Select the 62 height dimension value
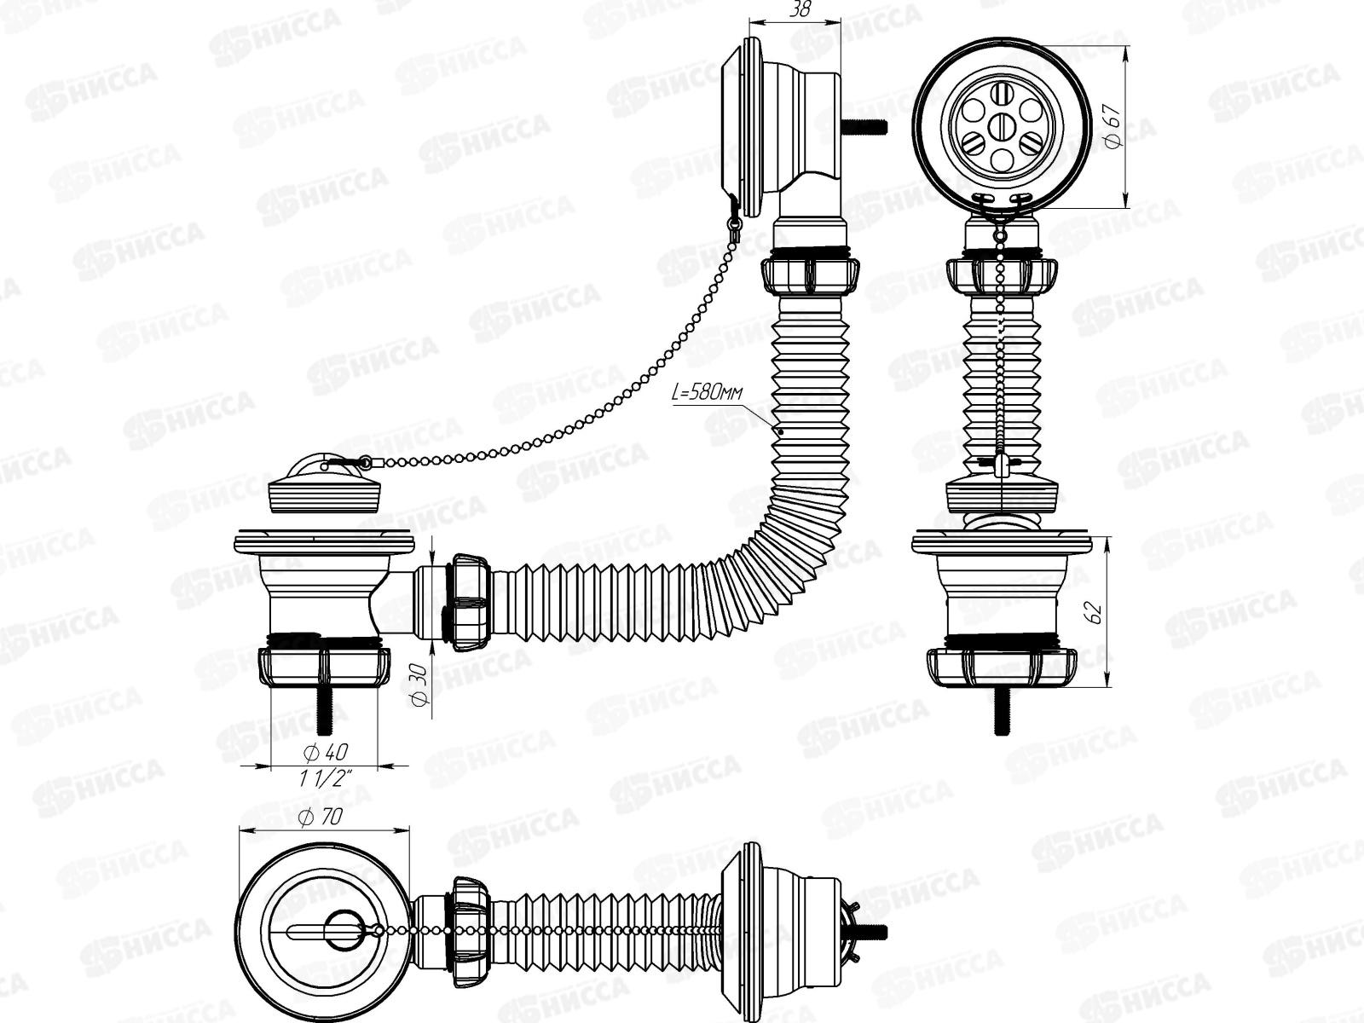(1096, 610)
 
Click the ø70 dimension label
(322, 817)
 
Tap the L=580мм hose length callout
(708, 393)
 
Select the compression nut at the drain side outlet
(467, 602)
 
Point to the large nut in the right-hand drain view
(1002, 665)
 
